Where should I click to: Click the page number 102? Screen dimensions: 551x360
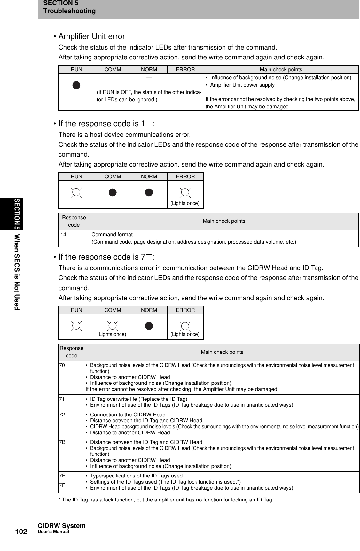[21, 532]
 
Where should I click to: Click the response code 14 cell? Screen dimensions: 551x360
[64, 235]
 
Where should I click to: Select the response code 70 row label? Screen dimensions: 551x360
[62, 365]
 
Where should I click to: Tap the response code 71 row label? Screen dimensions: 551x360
[62, 399]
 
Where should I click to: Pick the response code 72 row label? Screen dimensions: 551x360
[62, 415]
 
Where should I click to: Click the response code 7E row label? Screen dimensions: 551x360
[62, 476]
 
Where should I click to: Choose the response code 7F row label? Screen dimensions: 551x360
[62, 485]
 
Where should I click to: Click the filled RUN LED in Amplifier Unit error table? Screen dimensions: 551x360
[76, 85]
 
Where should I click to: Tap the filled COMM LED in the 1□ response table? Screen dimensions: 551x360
[113, 192]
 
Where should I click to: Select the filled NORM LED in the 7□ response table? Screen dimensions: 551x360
[149, 326]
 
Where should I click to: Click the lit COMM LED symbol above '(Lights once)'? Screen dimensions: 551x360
[113, 326]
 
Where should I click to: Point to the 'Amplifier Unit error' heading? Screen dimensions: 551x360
[92, 36]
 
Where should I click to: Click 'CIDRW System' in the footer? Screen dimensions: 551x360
[62, 526]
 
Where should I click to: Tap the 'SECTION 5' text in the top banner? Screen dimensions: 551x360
[61, 3]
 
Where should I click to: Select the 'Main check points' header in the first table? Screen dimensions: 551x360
[281, 69]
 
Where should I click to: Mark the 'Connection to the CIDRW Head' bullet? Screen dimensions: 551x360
[128, 415]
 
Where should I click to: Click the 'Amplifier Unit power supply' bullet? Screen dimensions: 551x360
[242, 85]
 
